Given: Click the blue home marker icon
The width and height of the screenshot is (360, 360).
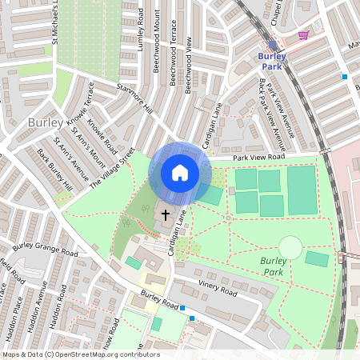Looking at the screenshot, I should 179,173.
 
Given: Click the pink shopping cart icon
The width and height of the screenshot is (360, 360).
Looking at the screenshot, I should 303,35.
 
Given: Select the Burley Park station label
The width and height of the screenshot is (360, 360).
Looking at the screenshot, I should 272,61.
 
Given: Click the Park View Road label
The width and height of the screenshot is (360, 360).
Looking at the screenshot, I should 259,158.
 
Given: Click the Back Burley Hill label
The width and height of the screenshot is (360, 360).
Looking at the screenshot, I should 54,170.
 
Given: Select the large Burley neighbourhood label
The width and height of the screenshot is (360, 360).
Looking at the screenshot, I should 45,123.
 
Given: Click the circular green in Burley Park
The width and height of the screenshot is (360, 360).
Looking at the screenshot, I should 290,247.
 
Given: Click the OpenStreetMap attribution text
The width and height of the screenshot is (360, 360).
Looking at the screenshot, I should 80,354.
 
